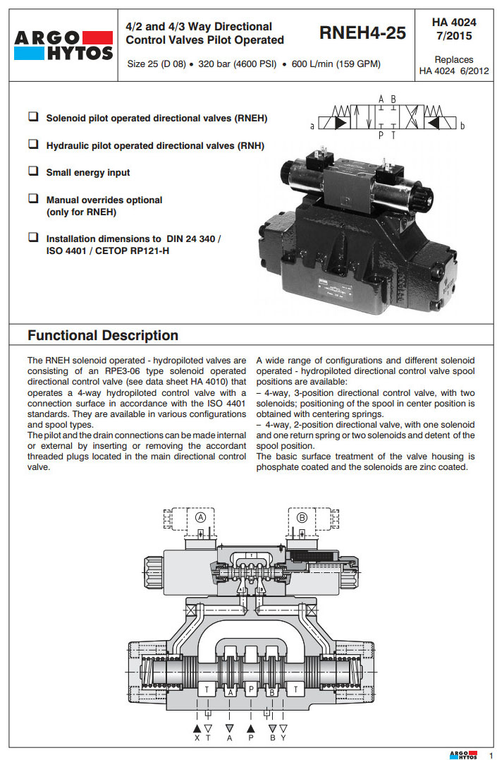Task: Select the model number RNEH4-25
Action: (362, 32)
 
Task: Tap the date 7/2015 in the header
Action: (453, 36)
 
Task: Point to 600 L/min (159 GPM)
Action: (336, 64)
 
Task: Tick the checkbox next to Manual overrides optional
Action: (33, 199)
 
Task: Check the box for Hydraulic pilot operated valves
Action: (33, 144)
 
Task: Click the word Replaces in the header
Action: (453, 59)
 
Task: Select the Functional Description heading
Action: (102, 335)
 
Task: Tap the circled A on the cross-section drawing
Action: (201, 517)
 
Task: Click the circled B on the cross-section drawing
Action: (302, 517)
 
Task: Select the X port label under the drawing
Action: (197, 738)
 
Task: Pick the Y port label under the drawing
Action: (283, 738)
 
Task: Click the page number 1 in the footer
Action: (490, 755)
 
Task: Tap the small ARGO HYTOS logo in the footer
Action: (464, 754)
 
